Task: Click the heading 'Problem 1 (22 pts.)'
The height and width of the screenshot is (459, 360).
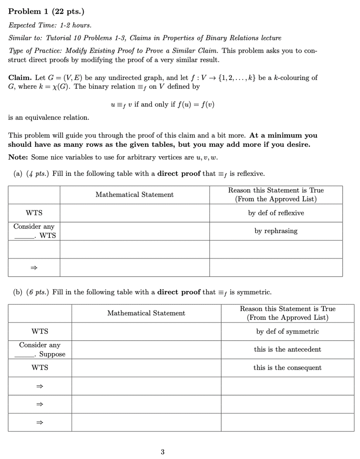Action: (x=46, y=11)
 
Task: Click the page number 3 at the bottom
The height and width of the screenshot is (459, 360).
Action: (x=162, y=452)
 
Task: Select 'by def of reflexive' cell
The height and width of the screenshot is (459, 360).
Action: (x=276, y=213)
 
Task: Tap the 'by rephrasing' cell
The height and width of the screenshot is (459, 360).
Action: (x=276, y=231)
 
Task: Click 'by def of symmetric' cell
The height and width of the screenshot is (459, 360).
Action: (x=287, y=331)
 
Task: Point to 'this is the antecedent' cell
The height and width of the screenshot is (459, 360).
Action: (x=287, y=349)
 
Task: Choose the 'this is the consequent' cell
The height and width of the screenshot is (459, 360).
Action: (x=287, y=367)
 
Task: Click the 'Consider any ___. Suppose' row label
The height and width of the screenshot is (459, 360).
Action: (x=40, y=349)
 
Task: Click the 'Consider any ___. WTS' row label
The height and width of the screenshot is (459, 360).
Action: (x=34, y=231)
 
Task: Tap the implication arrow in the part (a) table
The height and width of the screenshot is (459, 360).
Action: (x=34, y=268)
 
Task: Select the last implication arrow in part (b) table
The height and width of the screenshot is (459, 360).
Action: (x=40, y=422)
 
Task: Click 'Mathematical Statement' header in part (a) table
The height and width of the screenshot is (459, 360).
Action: (x=134, y=194)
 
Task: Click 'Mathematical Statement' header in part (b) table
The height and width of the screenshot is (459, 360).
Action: (x=146, y=313)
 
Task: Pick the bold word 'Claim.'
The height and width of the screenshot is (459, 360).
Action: (x=20, y=77)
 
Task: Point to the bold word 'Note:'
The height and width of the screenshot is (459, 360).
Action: (x=18, y=157)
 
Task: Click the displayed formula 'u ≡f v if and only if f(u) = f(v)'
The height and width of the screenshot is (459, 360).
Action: (x=162, y=104)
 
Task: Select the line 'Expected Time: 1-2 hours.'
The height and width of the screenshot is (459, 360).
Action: (x=50, y=25)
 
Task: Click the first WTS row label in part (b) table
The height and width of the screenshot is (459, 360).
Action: (x=40, y=331)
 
